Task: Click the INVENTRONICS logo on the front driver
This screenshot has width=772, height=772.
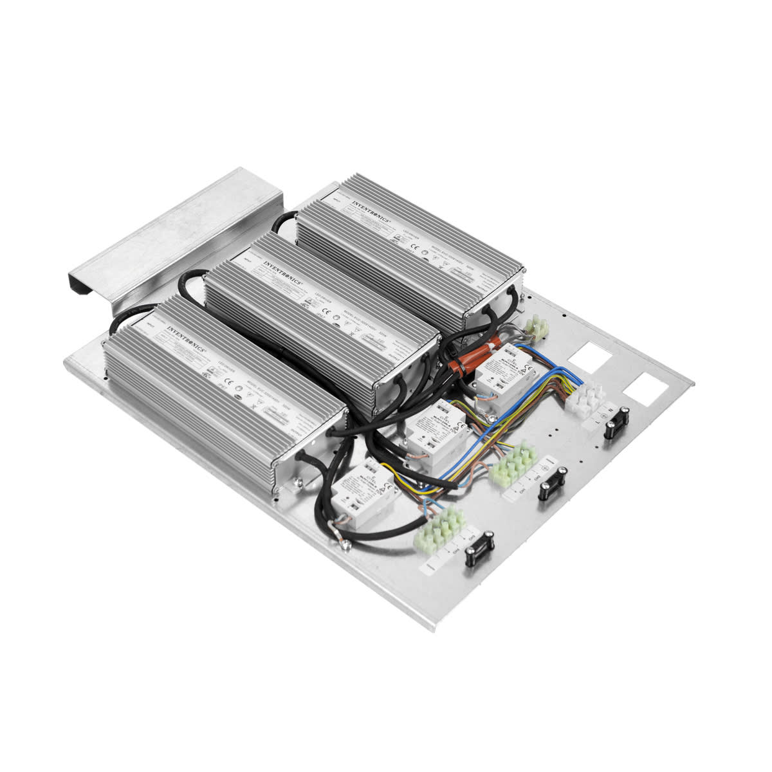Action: (x=186, y=337)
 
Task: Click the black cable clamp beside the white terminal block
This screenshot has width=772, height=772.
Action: (x=615, y=424)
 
